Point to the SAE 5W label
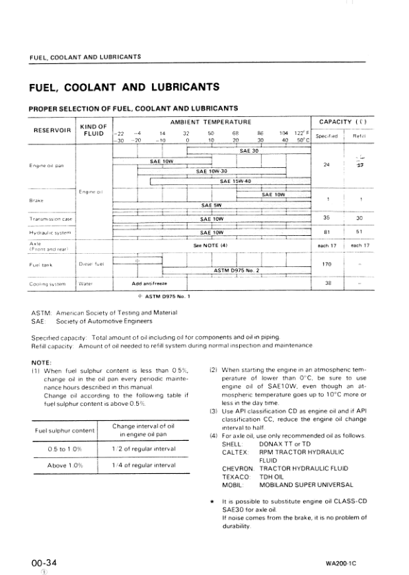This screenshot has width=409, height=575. point(210,205)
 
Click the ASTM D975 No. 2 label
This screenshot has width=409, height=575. point(236,270)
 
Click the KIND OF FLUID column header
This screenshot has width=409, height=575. point(93,130)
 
